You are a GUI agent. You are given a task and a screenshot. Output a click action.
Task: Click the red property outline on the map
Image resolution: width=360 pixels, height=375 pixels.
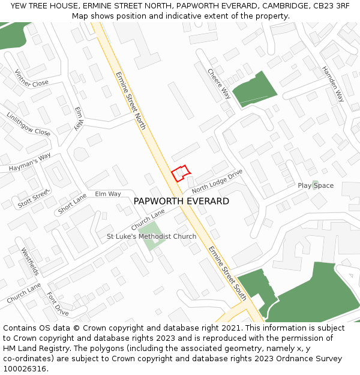181,173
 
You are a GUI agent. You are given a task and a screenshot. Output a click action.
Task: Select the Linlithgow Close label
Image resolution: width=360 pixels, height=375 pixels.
28,124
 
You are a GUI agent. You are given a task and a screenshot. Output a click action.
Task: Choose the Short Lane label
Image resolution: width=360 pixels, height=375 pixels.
72,204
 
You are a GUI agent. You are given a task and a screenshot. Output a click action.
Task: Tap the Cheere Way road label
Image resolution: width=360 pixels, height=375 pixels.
219,83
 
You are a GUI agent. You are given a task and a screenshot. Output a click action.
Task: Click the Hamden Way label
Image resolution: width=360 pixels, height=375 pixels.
333,83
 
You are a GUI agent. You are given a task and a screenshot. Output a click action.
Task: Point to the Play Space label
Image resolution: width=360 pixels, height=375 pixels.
316,185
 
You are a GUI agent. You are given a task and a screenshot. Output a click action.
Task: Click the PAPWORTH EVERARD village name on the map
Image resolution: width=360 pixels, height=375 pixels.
181,201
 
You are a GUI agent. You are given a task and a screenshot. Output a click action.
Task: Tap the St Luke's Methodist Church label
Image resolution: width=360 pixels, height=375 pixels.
151,236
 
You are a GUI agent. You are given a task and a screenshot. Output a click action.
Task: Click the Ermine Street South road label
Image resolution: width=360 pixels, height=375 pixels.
227,273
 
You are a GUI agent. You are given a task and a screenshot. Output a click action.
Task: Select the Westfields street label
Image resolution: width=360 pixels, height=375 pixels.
29,262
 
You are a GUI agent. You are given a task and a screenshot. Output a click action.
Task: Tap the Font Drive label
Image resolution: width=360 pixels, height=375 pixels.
58,304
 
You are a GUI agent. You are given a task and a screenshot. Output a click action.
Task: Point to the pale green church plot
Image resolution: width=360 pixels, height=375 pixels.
149,230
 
